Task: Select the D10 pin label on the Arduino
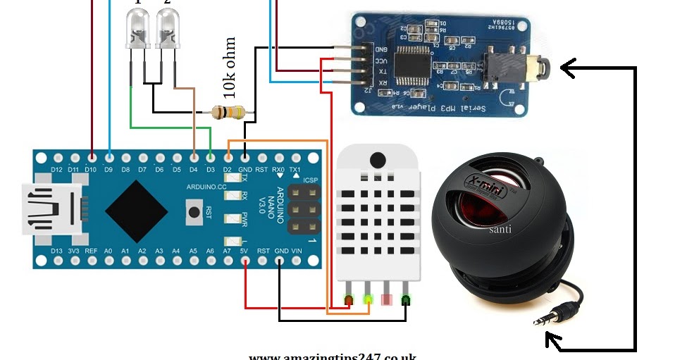pos(91,169)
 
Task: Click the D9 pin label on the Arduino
pos(109,169)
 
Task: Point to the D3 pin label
pos(210,169)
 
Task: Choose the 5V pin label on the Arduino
pos(244,251)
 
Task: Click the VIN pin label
pos(297,251)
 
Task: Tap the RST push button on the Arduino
pos(192,210)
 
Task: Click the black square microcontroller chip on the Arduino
pos(137,210)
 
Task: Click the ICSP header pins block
pos(303,210)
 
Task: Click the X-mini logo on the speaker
pos(486,185)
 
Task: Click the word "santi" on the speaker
pos(500,229)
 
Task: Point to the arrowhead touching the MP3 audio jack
pos(568,68)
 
